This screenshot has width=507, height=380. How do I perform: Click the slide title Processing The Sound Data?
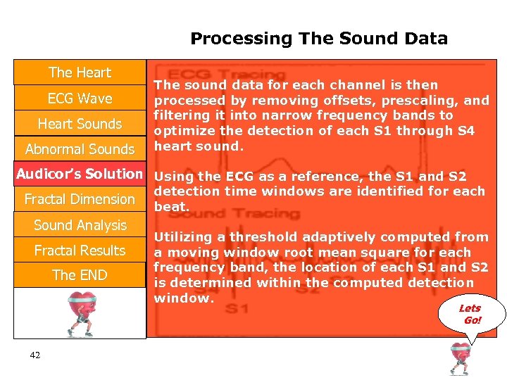click(318, 39)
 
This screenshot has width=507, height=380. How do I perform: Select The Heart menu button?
click(80, 72)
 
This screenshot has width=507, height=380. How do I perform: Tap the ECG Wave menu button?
click(80, 99)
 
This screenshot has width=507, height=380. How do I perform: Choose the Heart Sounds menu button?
click(80, 124)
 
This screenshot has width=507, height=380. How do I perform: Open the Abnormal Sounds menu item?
click(80, 149)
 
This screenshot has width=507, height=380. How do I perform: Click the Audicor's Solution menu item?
click(80, 174)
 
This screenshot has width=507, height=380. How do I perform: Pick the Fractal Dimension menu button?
click(80, 199)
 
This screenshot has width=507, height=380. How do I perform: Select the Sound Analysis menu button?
click(80, 225)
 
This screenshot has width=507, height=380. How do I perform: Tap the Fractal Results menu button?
click(80, 251)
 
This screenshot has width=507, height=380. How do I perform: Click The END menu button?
click(80, 275)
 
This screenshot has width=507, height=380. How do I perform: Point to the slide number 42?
click(35, 355)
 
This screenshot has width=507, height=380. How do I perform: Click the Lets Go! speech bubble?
click(470, 314)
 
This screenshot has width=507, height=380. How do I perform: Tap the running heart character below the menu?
click(80, 312)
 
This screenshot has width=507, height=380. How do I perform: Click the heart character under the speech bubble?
click(461, 358)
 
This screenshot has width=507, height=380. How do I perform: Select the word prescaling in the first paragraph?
click(423, 100)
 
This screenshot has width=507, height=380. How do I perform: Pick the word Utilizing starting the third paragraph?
click(185, 237)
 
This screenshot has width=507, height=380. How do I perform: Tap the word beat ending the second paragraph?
click(171, 206)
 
